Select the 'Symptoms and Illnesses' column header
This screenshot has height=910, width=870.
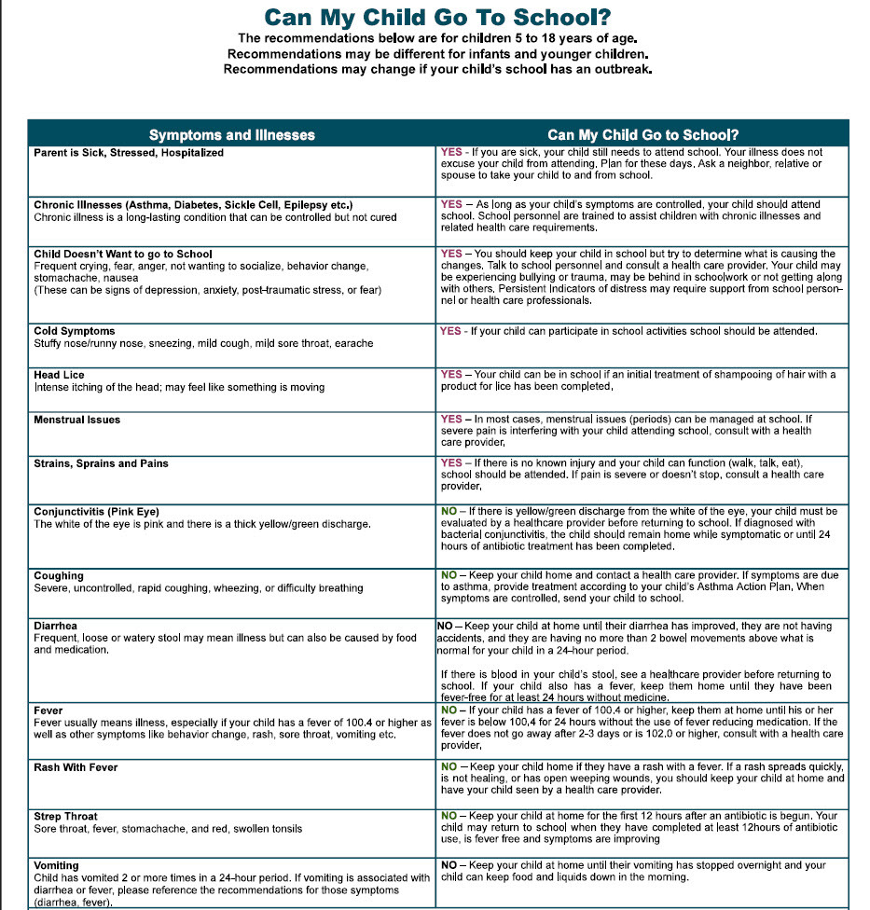tap(232, 134)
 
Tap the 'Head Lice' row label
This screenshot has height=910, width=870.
tap(59, 375)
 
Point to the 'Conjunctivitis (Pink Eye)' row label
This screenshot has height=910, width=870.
tap(96, 512)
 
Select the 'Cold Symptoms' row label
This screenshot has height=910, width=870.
tap(75, 331)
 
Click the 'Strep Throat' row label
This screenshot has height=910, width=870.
tap(65, 816)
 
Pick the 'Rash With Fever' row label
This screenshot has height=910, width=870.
tap(76, 767)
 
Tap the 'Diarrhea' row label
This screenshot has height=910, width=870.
tap(55, 626)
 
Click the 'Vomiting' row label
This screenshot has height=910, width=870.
tap(56, 865)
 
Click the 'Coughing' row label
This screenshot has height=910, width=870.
tap(58, 576)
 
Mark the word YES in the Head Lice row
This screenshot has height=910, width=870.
tap(451, 375)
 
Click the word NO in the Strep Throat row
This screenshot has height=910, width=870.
tap(449, 816)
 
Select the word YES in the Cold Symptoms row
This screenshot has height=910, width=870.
tap(451, 331)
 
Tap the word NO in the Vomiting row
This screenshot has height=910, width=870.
tap(449, 865)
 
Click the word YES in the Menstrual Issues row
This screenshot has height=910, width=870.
tap(451, 420)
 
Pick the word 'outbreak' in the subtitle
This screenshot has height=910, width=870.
tap(611, 69)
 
